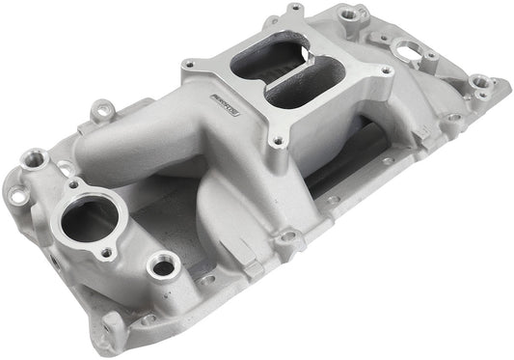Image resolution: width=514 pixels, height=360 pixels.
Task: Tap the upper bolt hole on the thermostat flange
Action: [x=72, y=182]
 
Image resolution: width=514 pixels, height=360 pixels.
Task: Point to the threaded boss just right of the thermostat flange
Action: [x=163, y=263]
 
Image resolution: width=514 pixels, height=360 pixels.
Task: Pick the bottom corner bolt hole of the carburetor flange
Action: [x=277, y=141]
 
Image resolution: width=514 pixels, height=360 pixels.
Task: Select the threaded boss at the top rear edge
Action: [x=362, y=14]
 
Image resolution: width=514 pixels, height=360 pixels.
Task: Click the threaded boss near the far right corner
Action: [x=479, y=84]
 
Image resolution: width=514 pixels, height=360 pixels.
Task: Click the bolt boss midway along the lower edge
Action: [x=287, y=235]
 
